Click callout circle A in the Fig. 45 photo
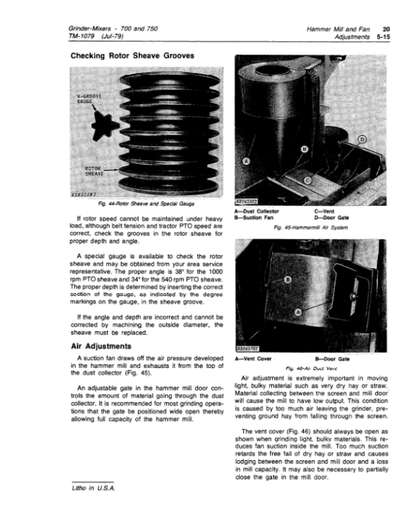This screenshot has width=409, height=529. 247,161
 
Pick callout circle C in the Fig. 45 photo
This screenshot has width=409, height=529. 307,180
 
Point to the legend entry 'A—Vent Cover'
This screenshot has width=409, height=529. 253,357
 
